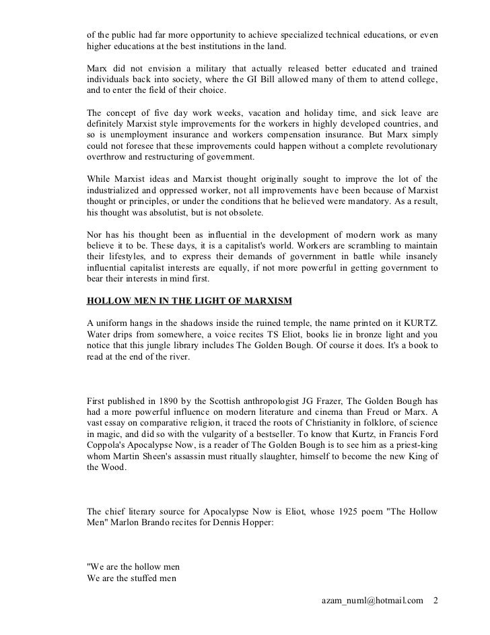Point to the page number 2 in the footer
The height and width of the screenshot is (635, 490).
coord(435,599)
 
